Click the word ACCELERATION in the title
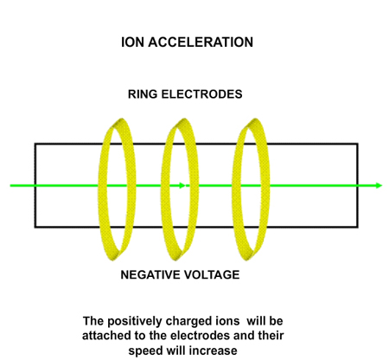[207, 42]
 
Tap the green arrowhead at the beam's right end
[379, 185]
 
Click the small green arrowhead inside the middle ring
[182, 185]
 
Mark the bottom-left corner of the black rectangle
[35, 227]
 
